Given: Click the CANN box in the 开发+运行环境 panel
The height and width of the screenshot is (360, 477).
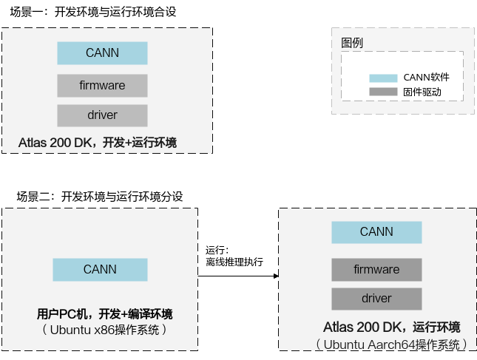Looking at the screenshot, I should click(102, 52).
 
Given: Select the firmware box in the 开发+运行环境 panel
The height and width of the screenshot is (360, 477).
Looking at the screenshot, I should click(102, 86).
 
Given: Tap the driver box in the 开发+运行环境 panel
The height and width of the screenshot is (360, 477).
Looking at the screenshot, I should click(102, 115).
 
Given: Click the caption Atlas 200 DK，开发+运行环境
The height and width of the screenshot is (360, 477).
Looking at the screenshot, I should click(98, 142).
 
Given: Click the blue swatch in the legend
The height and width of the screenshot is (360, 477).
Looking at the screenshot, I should click(383, 78).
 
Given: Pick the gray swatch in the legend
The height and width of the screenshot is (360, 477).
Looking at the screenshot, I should click(383, 92).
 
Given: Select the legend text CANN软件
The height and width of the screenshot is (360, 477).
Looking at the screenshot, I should click(426, 78).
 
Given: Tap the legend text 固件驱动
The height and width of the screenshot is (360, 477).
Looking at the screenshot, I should click(422, 92).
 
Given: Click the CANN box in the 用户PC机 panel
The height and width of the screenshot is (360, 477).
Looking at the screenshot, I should click(99, 270).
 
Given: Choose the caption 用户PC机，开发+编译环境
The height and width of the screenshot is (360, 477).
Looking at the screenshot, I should click(104, 313).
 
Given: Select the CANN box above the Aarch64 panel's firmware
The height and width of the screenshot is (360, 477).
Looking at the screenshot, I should click(376, 232).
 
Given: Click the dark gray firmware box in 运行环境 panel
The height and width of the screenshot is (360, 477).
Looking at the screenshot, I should click(376, 269).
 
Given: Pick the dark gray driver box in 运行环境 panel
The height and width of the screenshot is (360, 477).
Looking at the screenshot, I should click(376, 299).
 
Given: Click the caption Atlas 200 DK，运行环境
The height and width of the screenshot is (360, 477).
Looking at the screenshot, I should click(391, 327).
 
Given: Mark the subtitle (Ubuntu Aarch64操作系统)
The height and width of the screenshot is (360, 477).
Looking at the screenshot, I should click(391, 344).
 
